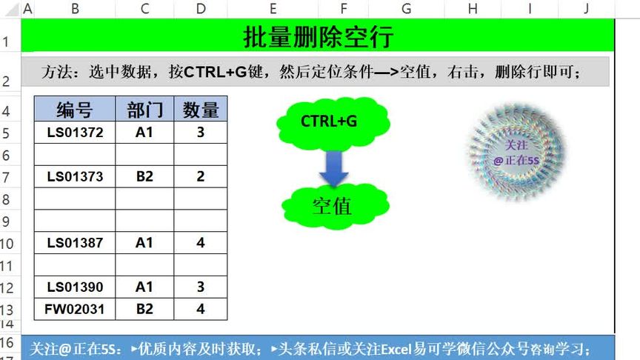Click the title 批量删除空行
(318, 36)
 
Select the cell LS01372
(75, 133)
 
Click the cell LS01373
(75, 176)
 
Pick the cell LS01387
(75, 243)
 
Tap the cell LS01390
(75, 287)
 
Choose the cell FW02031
(75, 309)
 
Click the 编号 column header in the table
(75, 110)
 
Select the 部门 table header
(144, 110)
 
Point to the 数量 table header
(201, 110)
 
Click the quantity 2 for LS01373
(201, 176)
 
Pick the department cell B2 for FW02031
(144, 309)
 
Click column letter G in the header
(407, 9)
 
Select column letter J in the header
(585, 9)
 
